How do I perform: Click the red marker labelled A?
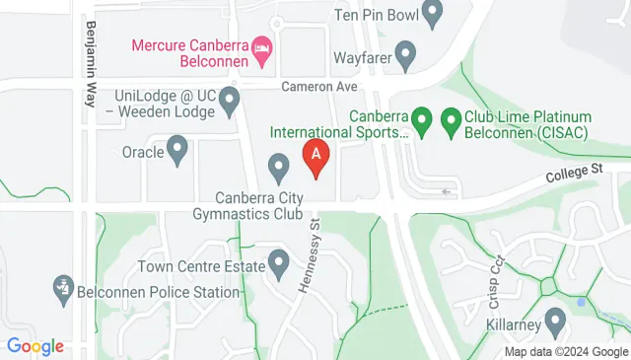tap(315, 157)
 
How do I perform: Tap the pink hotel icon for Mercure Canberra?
tap(261, 46)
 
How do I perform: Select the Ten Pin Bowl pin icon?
tap(432, 13)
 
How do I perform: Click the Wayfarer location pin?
tap(405, 53)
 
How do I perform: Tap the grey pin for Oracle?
tap(177, 151)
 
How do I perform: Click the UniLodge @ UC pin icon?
tap(230, 99)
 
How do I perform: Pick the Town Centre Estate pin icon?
tap(278, 263)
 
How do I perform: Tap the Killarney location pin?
tap(554, 322)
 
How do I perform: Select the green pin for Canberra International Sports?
tap(422, 122)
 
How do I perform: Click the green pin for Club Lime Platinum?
tap(452, 122)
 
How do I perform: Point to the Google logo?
tap(35, 346)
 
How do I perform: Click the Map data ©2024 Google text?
tap(565, 351)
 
